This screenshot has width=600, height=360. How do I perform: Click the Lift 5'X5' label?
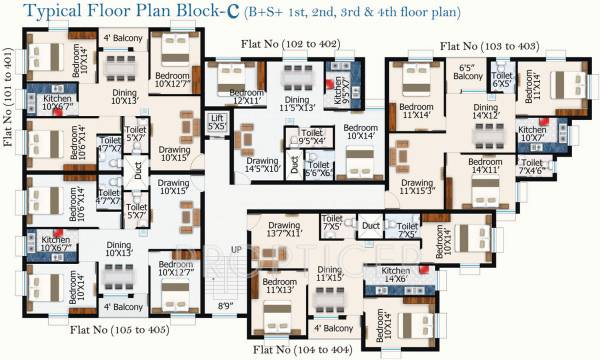215,123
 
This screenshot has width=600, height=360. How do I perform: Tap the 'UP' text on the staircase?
236,248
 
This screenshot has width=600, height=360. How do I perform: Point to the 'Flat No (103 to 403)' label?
489,46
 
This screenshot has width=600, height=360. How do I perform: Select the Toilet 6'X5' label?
502,80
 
